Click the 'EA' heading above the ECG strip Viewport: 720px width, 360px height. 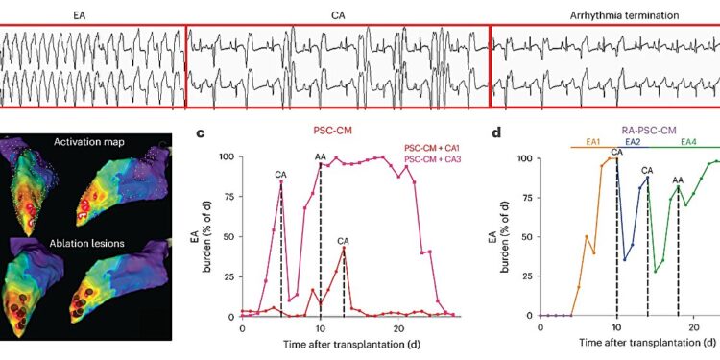tap(80, 16)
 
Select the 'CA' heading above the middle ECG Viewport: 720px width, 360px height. tap(338, 16)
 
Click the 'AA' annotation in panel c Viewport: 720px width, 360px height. tap(321, 156)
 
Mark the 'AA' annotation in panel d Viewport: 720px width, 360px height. tap(678, 180)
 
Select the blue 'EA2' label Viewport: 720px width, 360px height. tap(634, 142)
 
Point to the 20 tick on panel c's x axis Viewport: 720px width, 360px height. tap(401, 327)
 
